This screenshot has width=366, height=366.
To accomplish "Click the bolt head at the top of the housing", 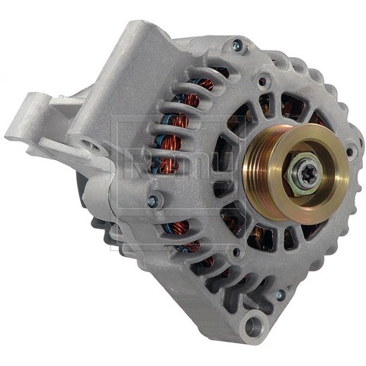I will [236, 46].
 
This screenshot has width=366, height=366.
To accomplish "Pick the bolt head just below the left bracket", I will [153, 201].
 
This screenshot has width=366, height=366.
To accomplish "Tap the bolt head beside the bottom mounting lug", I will [279, 295].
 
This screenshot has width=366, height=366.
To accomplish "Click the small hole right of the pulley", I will [352, 151].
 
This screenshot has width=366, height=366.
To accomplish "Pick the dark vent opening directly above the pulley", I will [292, 107].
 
